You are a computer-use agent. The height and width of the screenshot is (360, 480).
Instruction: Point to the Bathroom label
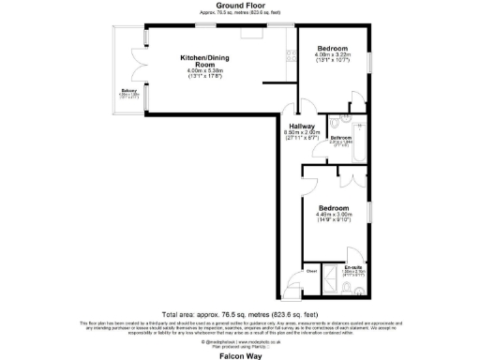click(341, 138)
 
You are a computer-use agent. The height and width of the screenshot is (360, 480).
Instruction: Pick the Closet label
click(310, 270)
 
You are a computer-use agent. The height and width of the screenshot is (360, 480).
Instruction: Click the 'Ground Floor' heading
click(240, 7)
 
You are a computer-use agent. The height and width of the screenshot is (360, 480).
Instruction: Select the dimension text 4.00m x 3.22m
click(332, 54)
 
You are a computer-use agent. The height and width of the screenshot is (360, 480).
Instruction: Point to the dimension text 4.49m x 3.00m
click(334, 214)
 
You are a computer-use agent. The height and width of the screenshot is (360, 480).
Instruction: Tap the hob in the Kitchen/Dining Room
click(250, 33)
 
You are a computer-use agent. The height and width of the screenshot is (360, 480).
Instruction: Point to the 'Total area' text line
click(240, 313)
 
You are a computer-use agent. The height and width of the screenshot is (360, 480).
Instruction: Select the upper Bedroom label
click(332, 47)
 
